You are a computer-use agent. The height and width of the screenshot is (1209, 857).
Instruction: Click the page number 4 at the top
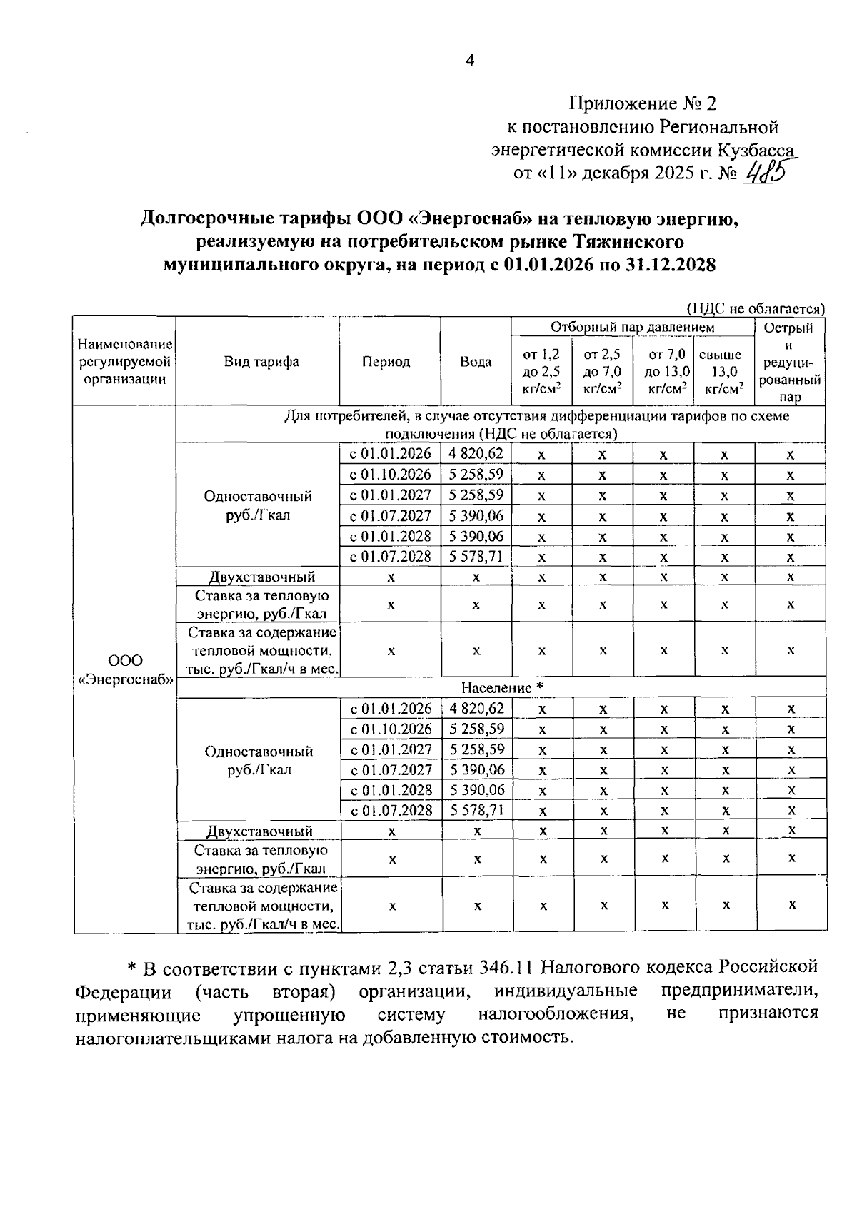[x=469, y=61]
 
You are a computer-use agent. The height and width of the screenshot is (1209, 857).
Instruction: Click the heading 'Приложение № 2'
[x=642, y=104]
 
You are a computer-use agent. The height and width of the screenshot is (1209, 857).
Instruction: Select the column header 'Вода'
[x=476, y=362]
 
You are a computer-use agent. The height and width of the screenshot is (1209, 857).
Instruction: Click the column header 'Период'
[x=386, y=362]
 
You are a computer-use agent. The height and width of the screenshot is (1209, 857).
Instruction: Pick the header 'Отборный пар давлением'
[x=632, y=327]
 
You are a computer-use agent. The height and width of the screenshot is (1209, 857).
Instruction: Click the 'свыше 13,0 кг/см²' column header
[x=724, y=371]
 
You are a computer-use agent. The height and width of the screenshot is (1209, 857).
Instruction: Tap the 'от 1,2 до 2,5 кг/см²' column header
[x=541, y=371]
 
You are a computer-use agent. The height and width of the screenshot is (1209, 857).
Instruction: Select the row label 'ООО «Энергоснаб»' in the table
[x=126, y=669]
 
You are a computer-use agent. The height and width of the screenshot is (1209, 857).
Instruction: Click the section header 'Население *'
[x=502, y=687]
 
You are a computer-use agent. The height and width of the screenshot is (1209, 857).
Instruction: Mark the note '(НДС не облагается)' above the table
[x=756, y=308]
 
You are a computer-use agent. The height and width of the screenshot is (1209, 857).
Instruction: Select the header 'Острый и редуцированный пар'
[x=790, y=362]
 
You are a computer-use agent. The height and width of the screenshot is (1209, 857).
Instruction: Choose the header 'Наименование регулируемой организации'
[x=126, y=362]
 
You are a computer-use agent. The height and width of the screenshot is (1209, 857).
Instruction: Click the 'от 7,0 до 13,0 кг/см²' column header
[x=666, y=371]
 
